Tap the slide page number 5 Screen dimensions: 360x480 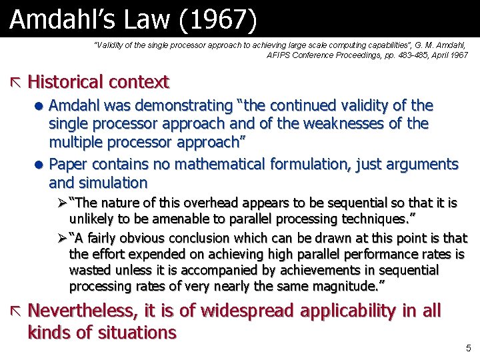pos(469,348)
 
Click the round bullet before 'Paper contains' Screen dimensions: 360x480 pos(40,165)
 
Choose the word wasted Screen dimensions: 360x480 pos(88,270)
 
